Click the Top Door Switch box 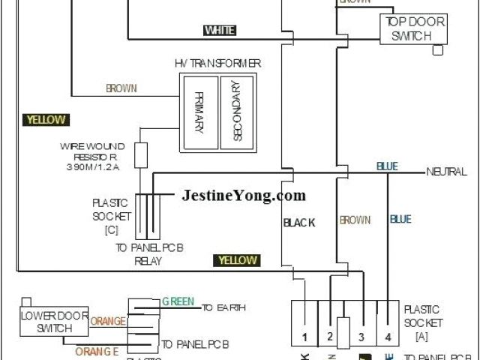click(x=415, y=29)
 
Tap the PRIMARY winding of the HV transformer click(x=199, y=112)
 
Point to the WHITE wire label click(x=220, y=30)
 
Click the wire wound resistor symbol click(x=140, y=155)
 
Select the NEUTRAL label click(x=446, y=172)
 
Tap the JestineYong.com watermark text click(x=244, y=196)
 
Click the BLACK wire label click(x=299, y=222)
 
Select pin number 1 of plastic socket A click(x=304, y=337)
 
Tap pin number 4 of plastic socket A click(x=388, y=337)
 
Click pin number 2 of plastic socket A click(x=329, y=337)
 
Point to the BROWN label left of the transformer click(x=121, y=88)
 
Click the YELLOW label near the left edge click(x=46, y=120)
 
